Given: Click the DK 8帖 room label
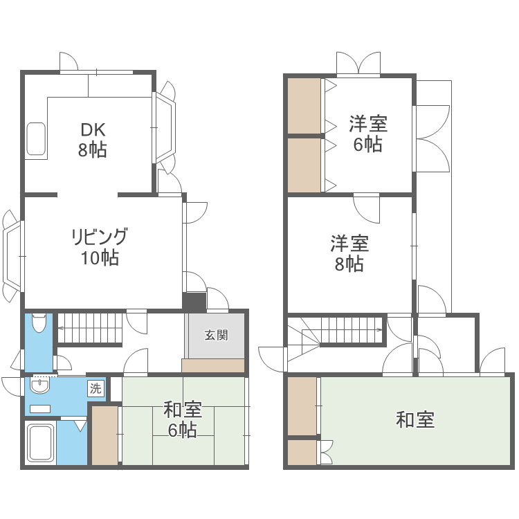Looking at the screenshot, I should [x=92, y=139].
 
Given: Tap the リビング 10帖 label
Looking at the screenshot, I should [x=99, y=247].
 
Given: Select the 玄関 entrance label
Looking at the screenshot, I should [x=216, y=335].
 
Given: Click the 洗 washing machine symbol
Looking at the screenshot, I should [x=95, y=389].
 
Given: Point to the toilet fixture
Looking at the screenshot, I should [x=39, y=325].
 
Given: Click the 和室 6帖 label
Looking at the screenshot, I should [x=183, y=419].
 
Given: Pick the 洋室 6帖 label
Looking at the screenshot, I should [x=367, y=134].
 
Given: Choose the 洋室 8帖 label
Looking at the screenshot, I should [x=349, y=253].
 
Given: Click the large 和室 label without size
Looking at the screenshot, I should [x=415, y=419].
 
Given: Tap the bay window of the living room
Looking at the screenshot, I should [x=14, y=256].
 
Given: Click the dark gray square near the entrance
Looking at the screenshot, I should [x=195, y=302].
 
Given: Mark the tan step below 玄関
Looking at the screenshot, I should [x=213, y=365].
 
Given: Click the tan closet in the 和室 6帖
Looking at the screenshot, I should [x=105, y=435].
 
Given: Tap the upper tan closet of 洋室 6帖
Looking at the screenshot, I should [x=304, y=107].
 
